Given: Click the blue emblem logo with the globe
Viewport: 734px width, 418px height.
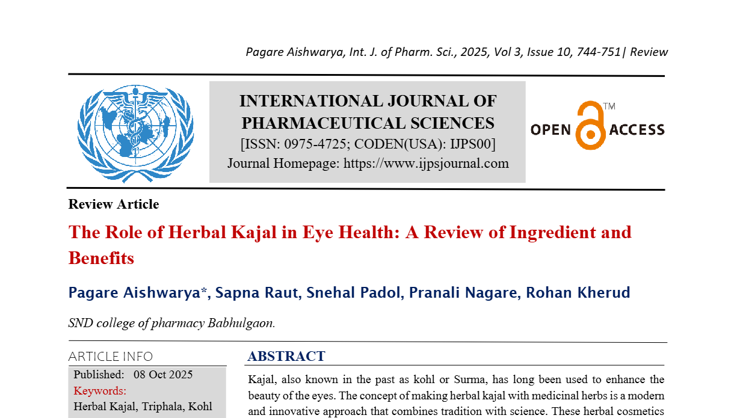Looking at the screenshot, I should [x=135, y=133].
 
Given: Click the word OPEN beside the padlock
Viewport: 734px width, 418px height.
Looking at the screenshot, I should [x=550, y=129].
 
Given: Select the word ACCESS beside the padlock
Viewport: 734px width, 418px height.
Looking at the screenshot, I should [x=637, y=129].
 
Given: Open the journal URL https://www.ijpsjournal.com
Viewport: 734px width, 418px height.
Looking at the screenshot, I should [x=426, y=163].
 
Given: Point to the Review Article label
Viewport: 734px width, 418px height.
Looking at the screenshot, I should [x=114, y=204].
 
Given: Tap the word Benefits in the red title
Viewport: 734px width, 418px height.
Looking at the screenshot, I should [x=101, y=258].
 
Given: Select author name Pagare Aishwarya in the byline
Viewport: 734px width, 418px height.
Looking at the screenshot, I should [x=136, y=293].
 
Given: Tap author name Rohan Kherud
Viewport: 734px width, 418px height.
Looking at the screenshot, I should [x=578, y=293].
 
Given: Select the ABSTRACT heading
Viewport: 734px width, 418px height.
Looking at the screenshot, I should [x=286, y=356].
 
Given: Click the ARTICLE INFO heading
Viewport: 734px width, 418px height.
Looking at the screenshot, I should [x=111, y=356].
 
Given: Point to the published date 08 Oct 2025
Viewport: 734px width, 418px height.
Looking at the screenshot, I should [x=163, y=375].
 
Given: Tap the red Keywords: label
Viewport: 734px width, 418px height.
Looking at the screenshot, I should [x=100, y=390].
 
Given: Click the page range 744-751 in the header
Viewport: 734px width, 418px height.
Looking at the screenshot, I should [x=598, y=52].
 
